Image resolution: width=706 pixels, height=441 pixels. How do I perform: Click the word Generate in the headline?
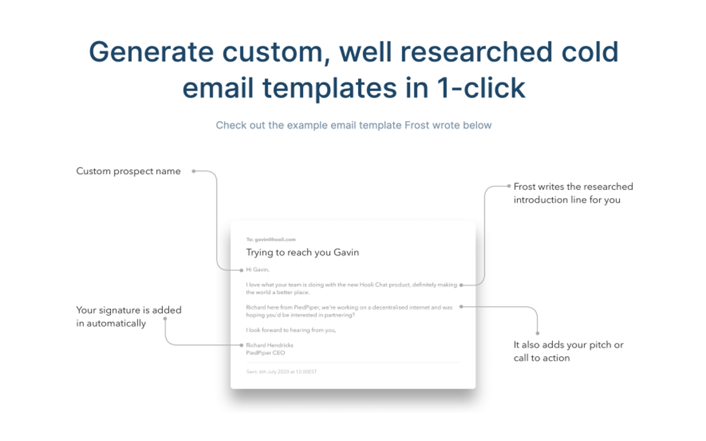pyautogui.click(x=151, y=52)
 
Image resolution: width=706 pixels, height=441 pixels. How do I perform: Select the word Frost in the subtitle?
pyautogui.click(x=416, y=125)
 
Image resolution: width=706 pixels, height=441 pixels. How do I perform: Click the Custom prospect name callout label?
pyautogui.click(x=129, y=171)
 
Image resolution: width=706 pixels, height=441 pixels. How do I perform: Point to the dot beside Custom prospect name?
pyautogui.click(x=194, y=171)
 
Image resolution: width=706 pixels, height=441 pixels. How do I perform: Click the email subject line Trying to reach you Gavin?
pyautogui.click(x=302, y=252)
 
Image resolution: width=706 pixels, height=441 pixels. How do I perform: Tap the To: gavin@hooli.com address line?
pyautogui.click(x=271, y=239)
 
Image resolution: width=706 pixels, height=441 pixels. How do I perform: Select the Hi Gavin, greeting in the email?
pyautogui.click(x=258, y=270)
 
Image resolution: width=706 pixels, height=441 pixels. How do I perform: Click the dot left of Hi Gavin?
pyautogui.click(x=242, y=270)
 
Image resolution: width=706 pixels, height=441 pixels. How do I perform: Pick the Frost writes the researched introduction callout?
pyautogui.click(x=573, y=193)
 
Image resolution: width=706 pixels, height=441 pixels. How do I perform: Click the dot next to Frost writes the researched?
pyautogui.click(x=509, y=186)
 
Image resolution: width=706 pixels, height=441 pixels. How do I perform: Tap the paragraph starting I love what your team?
pyautogui.click(x=351, y=288)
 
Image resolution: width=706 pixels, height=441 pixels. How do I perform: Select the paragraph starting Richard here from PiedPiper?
pyautogui.click(x=349, y=311)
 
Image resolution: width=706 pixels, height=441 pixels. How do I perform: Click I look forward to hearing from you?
pyautogui.click(x=291, y=330)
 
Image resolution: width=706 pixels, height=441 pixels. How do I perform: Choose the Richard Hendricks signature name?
pyautogui.click(x=270, y=345)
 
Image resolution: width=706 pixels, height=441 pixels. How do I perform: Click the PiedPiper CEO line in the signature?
pyautogui.click(x=265, y=353)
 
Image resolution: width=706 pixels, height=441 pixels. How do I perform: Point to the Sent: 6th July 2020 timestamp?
pyautogui.click(x=281, y=372)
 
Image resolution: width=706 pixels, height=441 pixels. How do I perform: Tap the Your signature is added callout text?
pyautogui.click(x=129, y=316)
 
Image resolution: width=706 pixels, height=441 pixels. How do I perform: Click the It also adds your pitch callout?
pyautogui.click(x=568, y=351)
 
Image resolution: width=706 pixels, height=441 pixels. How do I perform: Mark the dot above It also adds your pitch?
pyautogui.click(x=537, y=333)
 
